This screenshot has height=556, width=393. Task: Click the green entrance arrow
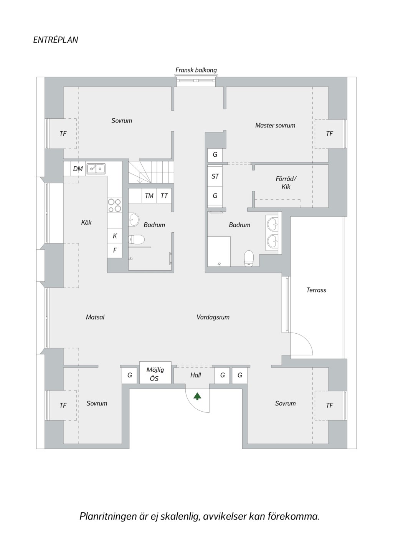[197, 396]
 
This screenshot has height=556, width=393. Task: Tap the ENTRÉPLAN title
[56, 40]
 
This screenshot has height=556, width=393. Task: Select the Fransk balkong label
[196, 70]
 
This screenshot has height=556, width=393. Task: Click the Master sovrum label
[275, 125]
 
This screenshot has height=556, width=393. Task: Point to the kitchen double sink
[96, 169]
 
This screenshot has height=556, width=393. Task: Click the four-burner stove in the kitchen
[115, 205]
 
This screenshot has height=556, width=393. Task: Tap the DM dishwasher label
[78, 169]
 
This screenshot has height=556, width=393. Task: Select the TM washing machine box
[149, 196]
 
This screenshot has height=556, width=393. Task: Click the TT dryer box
[164, 196]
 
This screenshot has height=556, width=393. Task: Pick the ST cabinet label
[215, 177]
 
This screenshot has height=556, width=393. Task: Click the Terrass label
[316, 290]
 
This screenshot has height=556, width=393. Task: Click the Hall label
[195, 375]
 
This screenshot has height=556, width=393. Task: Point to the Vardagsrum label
[213, 317]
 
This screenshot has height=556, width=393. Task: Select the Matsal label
[95, 317]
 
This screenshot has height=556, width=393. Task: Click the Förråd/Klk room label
[286, 183]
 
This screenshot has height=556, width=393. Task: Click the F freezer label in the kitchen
[115, 250]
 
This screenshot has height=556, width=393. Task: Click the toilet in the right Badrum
[249, 258]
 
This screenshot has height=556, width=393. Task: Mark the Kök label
[86, 222]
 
